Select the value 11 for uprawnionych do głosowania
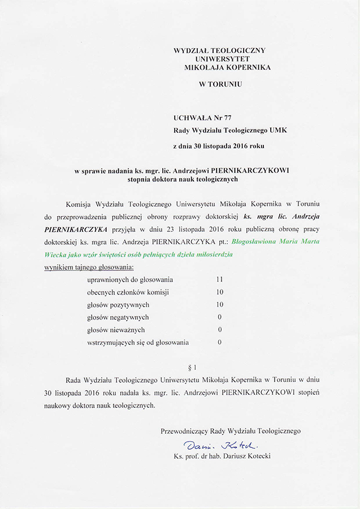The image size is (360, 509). (220, 279)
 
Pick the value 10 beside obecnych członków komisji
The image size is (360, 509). (220, 292)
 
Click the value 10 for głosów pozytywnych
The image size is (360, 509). (220, 304)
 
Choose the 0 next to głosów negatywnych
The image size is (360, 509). (219, 317)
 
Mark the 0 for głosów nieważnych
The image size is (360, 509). (219, 329)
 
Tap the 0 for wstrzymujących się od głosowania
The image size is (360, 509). (219, 342)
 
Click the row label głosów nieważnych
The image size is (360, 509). (116, 329)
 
